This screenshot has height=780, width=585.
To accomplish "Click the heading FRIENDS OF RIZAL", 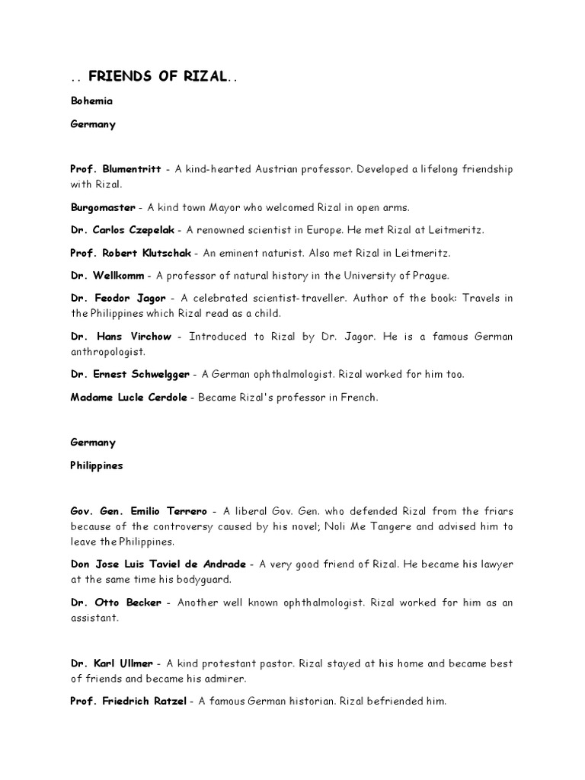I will tap(157, 77).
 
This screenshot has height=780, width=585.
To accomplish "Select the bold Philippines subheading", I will tap(97, 465).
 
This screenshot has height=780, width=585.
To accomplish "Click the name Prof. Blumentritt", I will tap(116, 168).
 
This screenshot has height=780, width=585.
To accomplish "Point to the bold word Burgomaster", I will tap(103, 207).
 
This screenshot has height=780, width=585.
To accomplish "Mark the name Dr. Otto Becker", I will tap(116, 603).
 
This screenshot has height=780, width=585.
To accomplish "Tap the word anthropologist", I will tap(109, 352).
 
